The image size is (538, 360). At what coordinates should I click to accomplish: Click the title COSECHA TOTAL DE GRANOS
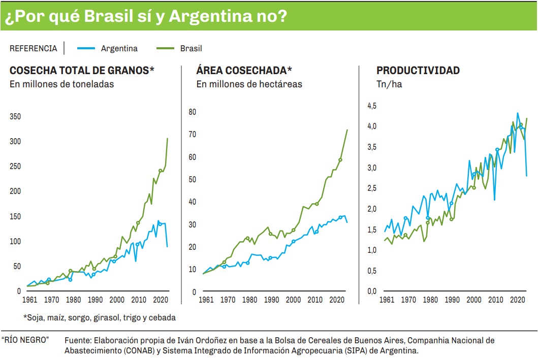click(x=82, y=71)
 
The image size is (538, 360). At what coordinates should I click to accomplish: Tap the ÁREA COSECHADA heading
click(x=244, y=71)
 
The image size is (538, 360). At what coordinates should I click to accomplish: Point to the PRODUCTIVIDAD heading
click(x=418, y=71)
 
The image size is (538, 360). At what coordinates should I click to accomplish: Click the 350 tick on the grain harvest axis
click(x=15, y=117)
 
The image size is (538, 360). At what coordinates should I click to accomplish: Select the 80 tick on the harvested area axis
click(x=192, y=112)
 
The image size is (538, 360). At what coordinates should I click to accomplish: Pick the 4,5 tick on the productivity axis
click(x=372, y=106)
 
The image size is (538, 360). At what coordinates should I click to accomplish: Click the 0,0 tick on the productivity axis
click(x=372, y=291)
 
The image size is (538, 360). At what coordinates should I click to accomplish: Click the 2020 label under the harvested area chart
click(x=336, y=300)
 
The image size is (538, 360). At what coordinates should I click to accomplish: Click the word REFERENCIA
click(x=34, y=49)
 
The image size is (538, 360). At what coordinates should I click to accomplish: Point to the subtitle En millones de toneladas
click(x=61, y=84)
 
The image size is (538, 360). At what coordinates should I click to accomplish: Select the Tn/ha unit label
click(x=389, y=84)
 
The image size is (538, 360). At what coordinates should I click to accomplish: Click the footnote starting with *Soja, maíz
click(x=99, y=318)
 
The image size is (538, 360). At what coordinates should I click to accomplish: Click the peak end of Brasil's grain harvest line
click(x=168, y=138)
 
